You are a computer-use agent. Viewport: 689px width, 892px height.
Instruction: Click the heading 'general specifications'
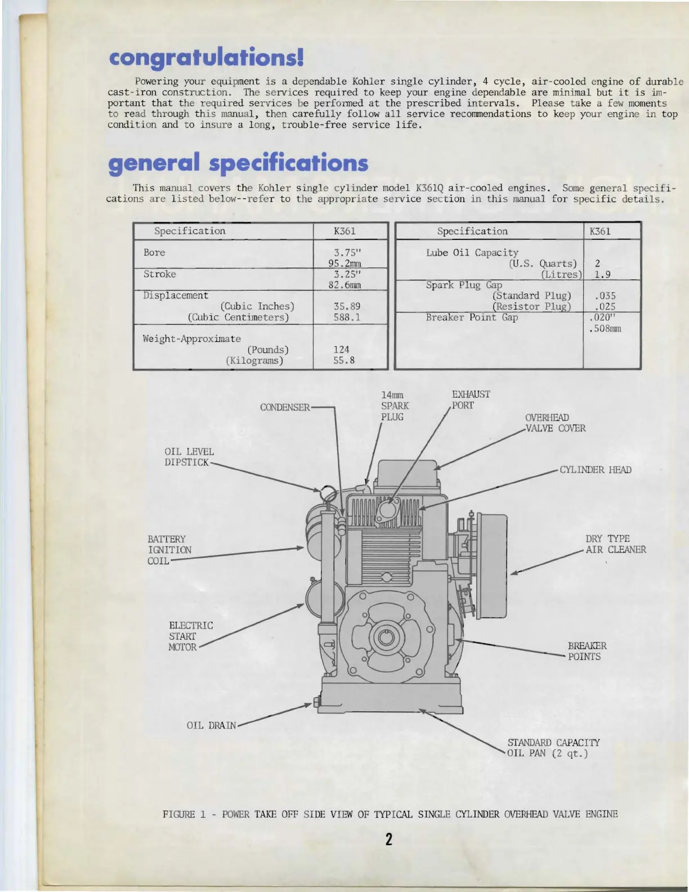click(x=238, y=163)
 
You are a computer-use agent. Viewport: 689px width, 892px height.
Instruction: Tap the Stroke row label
click(x=159, y=274)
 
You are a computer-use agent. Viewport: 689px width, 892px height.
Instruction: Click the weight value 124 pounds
click(x=341, y=350)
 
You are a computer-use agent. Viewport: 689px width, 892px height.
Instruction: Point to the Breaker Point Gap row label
click(x=472, y=318)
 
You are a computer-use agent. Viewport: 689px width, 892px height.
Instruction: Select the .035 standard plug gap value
click(x=605, y=296)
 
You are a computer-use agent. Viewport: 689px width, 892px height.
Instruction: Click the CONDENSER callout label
click(x=285, y=407)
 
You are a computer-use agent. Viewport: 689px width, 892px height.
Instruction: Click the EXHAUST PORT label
click(x=471, y=400)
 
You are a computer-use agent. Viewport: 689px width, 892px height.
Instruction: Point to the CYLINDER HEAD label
click(x=595, y=470)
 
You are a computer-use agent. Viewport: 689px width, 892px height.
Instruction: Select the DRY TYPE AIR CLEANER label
click(x=615, y=544)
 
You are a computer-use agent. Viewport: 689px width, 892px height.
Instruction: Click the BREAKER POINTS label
click(x=587, y=651)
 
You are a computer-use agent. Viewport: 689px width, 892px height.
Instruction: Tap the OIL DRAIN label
click(x=211, y=725)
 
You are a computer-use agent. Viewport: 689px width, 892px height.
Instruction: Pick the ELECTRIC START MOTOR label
click(x=190, y=636)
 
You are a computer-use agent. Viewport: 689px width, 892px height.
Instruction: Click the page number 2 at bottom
click(x=388, y=839)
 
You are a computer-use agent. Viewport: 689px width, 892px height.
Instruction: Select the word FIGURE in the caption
click(x=178, y=814)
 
